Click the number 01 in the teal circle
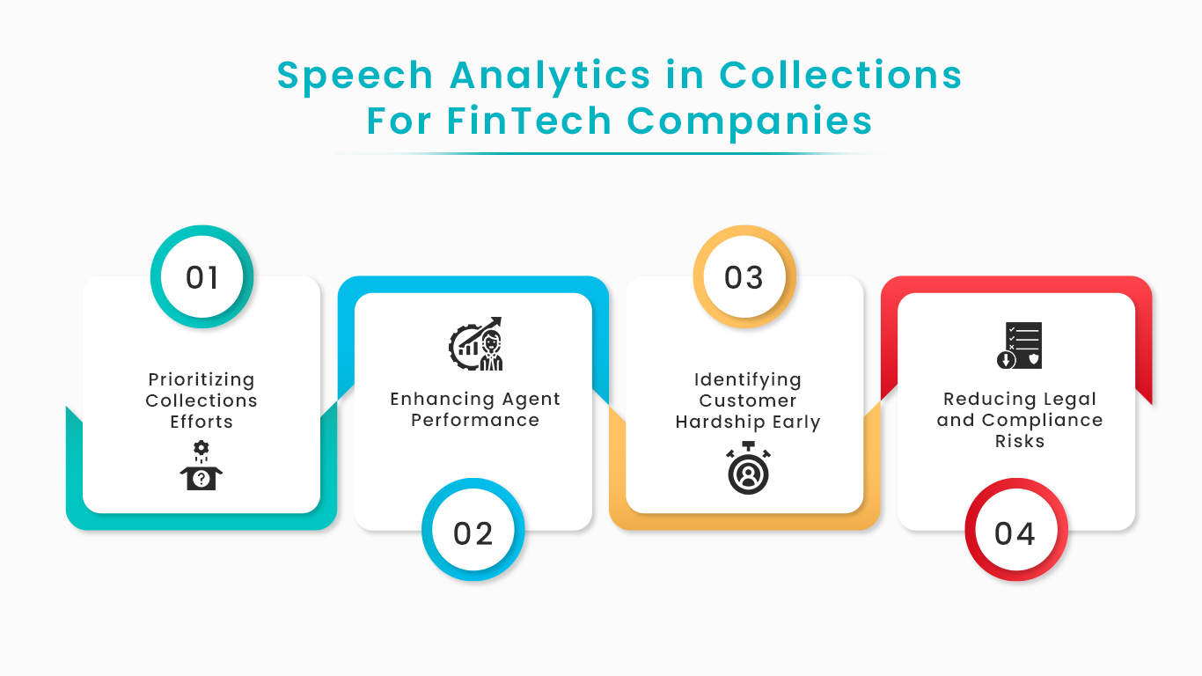202,277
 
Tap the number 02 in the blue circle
473,533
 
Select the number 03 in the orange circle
744,277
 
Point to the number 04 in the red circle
1015,533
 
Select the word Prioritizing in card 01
202,380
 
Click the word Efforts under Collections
202,422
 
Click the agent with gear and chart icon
476,344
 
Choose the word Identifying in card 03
748,380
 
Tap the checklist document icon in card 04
1020,345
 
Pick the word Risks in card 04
1020,441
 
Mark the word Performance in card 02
475,420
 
